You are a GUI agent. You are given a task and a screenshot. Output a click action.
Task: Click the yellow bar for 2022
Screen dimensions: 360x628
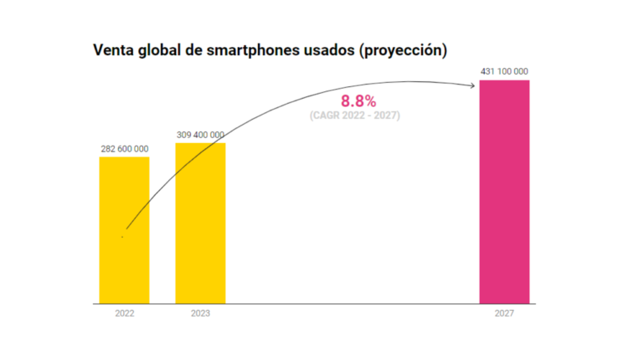124,229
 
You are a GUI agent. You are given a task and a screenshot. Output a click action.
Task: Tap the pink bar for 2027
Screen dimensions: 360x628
504,192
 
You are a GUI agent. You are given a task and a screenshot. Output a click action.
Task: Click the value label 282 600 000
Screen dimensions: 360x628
124,149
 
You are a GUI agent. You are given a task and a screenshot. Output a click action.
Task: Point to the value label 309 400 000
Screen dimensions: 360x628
200,135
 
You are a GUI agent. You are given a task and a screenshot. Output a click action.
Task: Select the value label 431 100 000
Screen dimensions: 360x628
504,72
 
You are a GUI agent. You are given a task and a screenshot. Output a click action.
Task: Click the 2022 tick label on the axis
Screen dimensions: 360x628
124,314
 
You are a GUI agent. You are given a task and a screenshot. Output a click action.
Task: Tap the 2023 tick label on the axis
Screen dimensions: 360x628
200,314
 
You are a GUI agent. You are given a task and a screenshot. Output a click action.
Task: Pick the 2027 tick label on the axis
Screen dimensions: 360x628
504,314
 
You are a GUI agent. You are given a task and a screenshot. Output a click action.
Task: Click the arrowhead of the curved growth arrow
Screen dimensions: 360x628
475,83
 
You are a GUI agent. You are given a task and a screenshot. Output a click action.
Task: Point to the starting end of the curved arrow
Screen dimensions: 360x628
123,236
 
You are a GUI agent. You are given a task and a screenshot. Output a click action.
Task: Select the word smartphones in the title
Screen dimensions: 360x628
254,50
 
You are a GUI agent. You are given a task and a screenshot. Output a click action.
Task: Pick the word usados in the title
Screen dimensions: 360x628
331,50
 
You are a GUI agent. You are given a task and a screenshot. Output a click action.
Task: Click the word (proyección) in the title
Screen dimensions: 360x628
403,50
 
